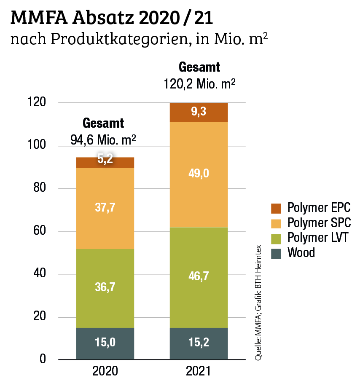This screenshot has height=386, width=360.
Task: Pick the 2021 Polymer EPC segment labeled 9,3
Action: tap(199, 112)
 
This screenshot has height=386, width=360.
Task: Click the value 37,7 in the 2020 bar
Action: tap(105, 207)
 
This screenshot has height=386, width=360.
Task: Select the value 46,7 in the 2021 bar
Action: tap(199, 276)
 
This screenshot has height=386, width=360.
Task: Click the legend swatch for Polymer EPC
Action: tap(276, 208)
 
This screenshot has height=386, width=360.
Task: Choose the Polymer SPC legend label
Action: tap(319, 222)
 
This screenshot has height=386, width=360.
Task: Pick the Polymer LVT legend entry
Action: tap(318, 238)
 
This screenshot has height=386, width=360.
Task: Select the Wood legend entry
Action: tap(301, 253)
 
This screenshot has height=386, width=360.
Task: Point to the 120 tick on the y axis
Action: tap(43, 103)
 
